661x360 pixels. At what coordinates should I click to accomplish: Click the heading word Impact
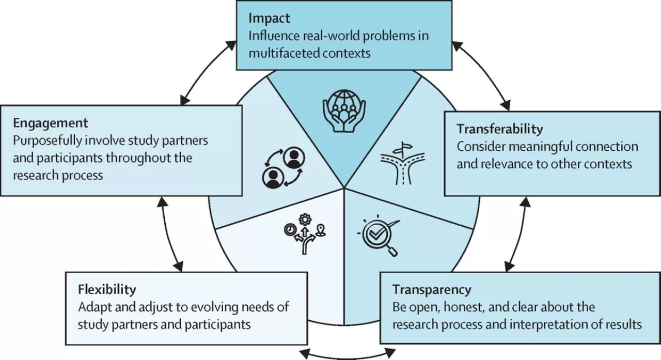269,19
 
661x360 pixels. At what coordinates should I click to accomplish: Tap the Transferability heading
500,128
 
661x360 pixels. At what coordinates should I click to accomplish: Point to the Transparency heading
432,289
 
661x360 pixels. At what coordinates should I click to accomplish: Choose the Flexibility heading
107,288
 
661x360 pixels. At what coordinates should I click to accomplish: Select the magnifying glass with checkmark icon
380,234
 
